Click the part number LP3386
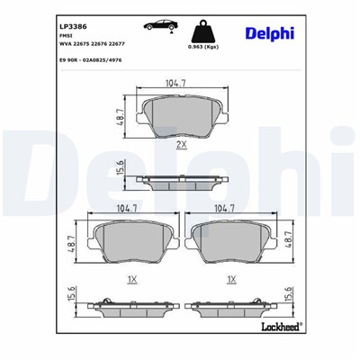pos(60,27)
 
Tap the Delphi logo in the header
pos(269,33)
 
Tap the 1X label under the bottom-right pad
pos(231,281)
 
